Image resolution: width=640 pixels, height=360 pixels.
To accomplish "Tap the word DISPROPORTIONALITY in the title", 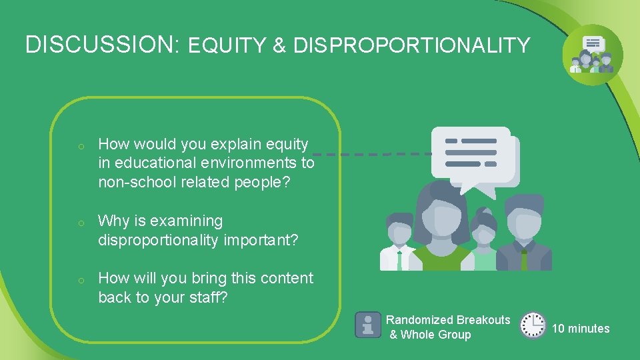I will [x=411, y=46].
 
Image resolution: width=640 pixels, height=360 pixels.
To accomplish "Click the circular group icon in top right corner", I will [x=592, y=55].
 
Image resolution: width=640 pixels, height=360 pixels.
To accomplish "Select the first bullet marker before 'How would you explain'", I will [x=79, y=145].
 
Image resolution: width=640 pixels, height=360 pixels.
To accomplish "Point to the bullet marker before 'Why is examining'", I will [x=79, y=222].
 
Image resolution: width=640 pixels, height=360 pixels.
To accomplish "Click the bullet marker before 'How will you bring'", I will [x=79, y=279].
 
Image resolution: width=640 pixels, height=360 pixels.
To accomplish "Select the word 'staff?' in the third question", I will [x=207, y=297].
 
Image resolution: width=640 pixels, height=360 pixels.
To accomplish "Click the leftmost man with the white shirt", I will [x=398, y=243].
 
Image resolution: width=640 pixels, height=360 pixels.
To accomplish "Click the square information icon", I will [x=367, y=325].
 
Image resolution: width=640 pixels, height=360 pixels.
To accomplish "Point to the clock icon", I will [x=532, y=325].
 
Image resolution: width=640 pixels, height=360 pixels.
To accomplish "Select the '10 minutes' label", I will [x=580, y=329].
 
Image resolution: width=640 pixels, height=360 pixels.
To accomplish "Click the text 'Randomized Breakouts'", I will [x=447, y=320].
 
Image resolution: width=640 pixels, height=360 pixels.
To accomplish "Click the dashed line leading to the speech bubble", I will [x=373, y=153].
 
